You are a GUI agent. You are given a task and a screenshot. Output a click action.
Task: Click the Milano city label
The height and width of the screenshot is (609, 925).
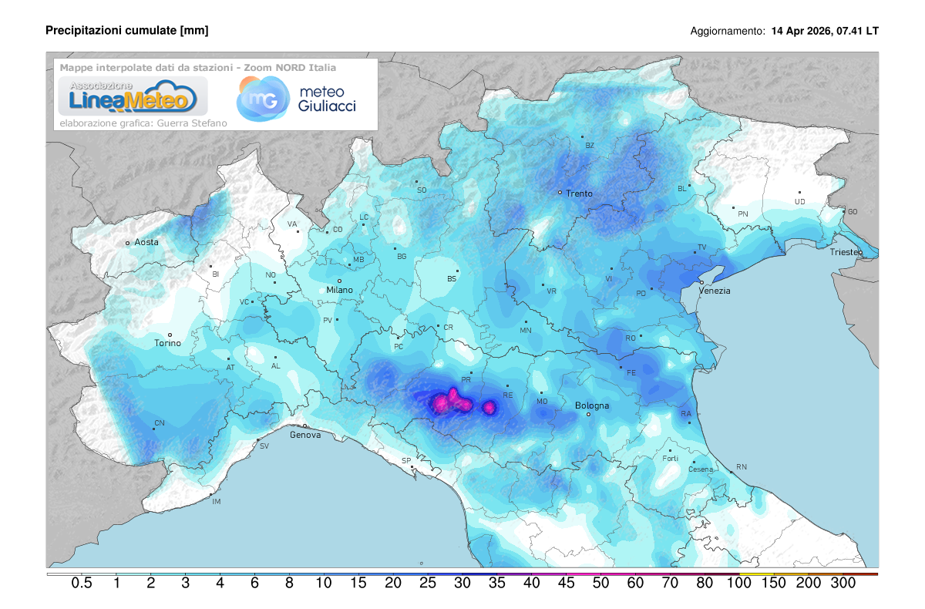coord(339,290)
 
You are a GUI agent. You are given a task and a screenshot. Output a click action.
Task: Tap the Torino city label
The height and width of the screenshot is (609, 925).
coord(167,343)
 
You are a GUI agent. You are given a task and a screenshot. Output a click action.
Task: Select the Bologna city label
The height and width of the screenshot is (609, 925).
coord(592,405)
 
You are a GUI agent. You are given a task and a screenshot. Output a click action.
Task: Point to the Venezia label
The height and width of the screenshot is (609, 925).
coord(714,291)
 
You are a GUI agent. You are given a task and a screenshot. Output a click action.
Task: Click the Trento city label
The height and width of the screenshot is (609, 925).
coord(579,193)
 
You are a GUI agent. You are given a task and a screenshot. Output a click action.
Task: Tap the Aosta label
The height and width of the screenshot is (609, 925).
coord(146,242)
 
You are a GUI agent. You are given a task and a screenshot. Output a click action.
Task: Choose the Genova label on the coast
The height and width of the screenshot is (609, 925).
coord(304,435)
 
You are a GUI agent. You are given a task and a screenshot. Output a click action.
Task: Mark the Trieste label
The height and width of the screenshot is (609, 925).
coord(846,253)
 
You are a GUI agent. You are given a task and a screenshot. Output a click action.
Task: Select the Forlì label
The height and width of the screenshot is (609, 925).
coord(670,459)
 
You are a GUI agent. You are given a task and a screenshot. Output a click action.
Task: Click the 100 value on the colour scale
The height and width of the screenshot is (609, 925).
coord(739,584)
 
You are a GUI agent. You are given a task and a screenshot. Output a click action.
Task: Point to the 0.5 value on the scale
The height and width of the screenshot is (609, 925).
coord(82,584)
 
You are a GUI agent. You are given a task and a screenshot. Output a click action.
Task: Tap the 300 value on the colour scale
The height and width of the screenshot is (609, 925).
coord(843,584)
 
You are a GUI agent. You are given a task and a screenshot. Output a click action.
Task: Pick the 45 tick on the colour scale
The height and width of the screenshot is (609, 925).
coord(566,584)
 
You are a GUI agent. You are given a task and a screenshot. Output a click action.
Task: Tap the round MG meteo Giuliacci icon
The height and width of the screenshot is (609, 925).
coord(259,99)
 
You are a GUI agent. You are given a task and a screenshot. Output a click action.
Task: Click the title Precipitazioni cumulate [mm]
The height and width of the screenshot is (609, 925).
coord(127,30)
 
